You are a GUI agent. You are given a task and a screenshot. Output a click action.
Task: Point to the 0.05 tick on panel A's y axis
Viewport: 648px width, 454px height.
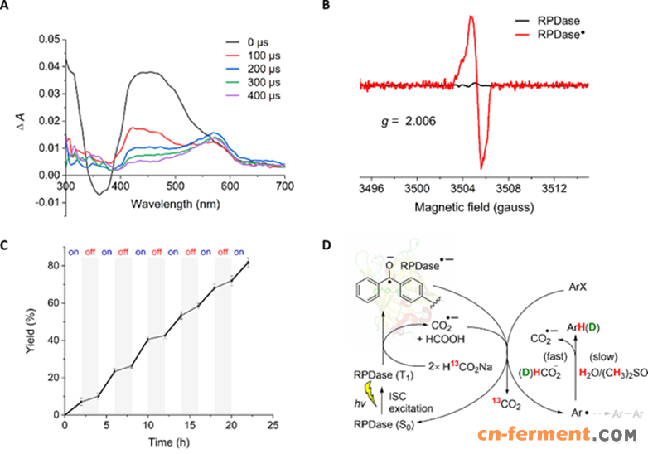click(50, 39)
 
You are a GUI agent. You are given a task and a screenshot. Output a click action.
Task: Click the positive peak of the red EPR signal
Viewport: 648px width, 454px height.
click(471, 17)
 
